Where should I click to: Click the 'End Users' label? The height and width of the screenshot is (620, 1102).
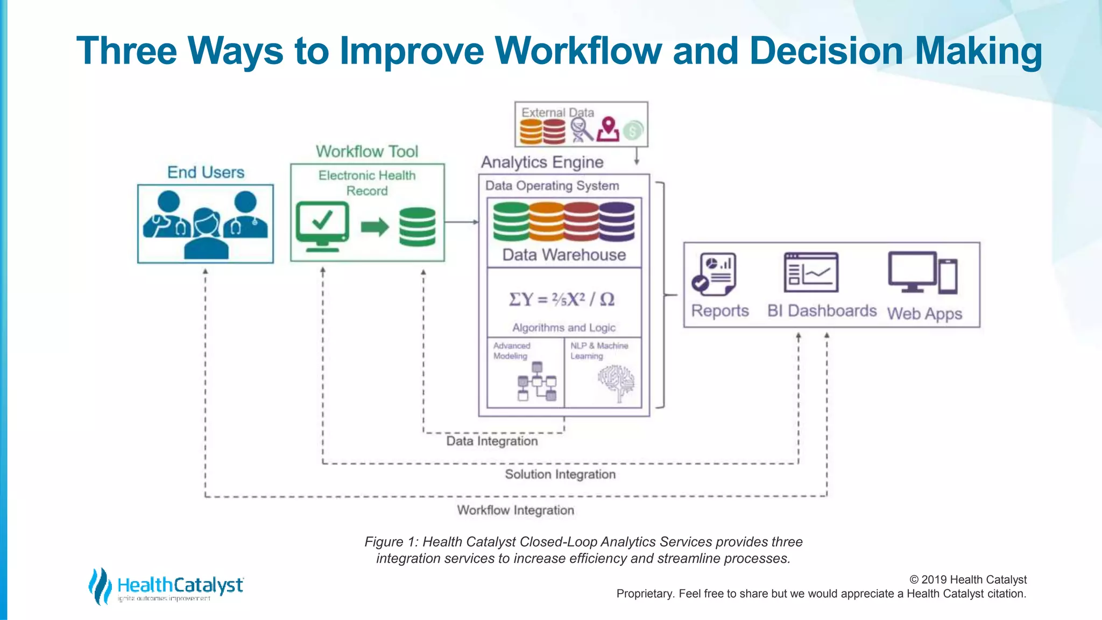tap(206, 172)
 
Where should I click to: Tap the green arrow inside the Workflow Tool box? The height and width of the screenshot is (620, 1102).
tap(375, 227)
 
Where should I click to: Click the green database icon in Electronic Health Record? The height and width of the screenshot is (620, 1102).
tap(418, 227)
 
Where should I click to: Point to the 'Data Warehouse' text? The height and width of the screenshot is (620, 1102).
tap(564, 255)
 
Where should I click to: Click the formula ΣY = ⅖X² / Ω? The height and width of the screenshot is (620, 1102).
tap(562, 299)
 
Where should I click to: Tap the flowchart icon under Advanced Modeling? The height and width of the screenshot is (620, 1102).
tap(536, 382)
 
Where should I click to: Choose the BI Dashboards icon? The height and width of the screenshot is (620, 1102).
tap(811, 272)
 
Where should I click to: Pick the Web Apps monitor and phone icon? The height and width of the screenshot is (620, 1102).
tap(922, 273)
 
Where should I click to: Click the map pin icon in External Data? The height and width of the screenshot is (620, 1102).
tap(608, 130)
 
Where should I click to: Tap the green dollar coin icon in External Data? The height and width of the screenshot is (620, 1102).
tap(633, 130)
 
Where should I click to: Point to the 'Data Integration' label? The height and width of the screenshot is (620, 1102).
tap(492, 441)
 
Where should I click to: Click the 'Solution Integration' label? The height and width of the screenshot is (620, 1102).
tap(560, 474)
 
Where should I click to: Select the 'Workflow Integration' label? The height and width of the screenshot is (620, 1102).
tap(515, 510)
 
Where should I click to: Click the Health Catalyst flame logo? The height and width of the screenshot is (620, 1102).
tap(100, 586)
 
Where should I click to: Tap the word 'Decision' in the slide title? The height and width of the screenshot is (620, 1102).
tap(825, 51)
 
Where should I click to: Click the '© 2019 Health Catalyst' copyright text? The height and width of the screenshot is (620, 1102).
tap(967, 580)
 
